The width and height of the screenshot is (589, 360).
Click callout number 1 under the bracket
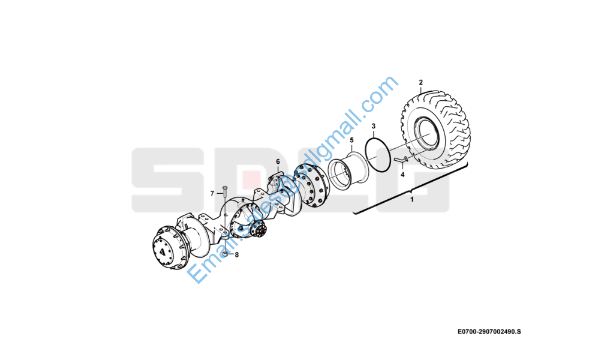411,199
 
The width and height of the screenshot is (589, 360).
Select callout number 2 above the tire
420,82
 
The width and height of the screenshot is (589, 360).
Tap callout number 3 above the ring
373,127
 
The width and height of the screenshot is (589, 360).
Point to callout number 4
402,175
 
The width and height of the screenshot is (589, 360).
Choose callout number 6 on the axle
278,162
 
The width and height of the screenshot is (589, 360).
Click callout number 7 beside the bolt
212,193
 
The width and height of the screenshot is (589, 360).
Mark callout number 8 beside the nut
236,255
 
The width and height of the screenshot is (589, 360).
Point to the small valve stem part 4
401,160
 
